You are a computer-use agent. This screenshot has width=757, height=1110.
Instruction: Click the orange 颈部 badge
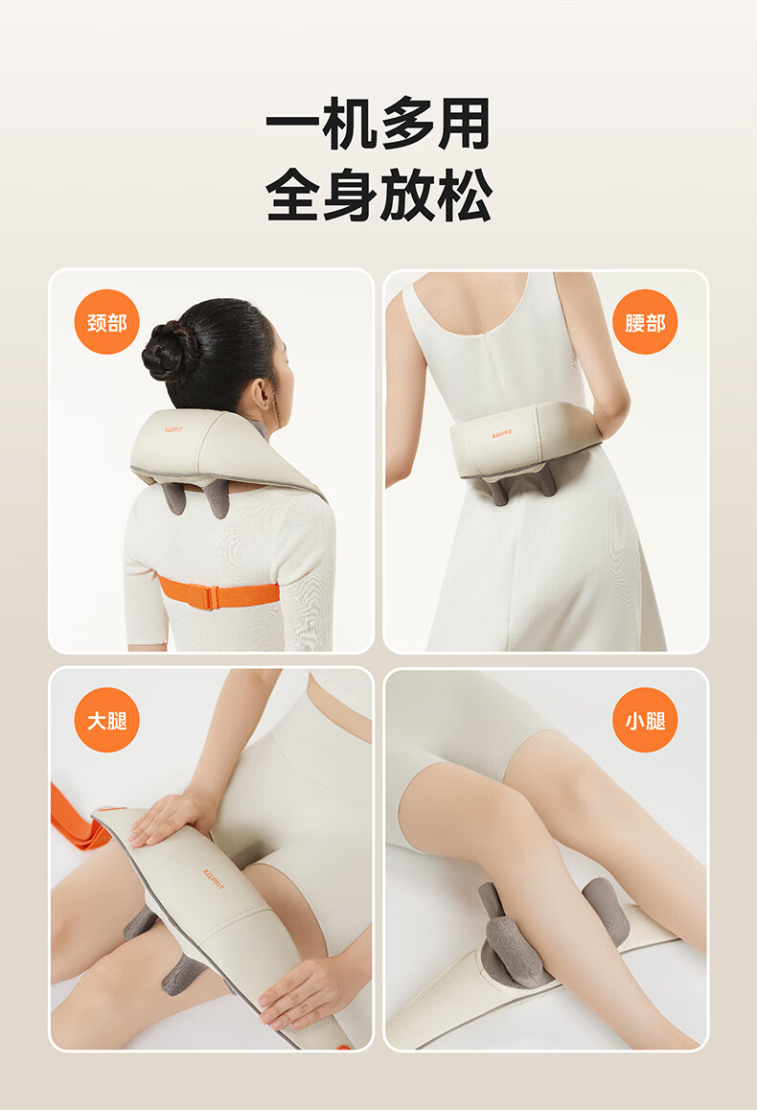click(x=106, y=322)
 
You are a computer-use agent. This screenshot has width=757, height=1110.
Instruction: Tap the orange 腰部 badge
click(x=645, y=322)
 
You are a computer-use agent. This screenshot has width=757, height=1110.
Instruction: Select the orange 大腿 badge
click(x=106, y=720)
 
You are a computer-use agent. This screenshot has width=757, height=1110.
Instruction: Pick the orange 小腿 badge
click(x=645, y=720)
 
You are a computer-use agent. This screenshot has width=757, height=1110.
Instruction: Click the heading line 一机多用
click(x=378, y=124)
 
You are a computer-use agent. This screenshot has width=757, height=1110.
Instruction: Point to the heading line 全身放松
click(x=378, y=195)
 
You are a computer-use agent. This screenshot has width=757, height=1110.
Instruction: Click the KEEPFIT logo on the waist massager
click(x=501, y=433)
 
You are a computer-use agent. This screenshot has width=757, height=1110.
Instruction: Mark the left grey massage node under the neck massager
click(x=172, y=497)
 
